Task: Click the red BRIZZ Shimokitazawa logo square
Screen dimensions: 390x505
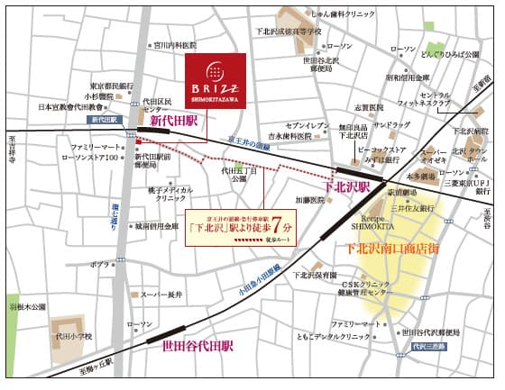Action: (x=215, y=79)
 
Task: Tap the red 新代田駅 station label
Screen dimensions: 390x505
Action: (x=172, y=121)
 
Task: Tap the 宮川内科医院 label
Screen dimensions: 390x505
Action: (x=174, y=43)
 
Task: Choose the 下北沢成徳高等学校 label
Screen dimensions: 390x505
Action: (x=288, y=31)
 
